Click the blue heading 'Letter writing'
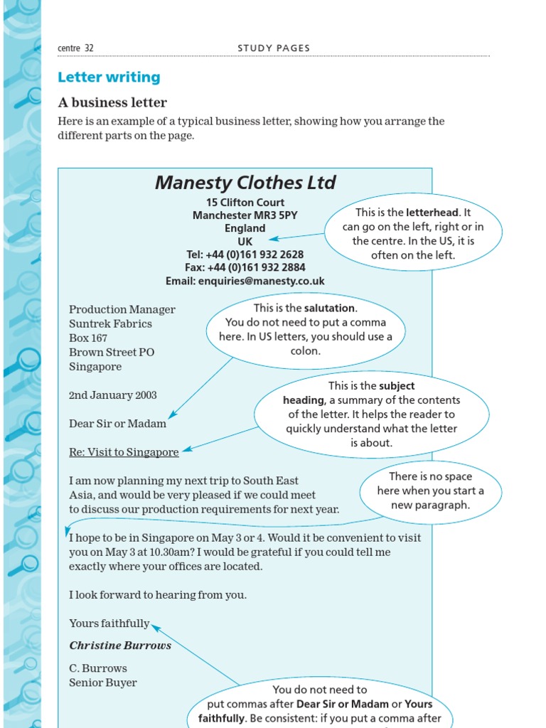pyautogui.click(x=109, y=77)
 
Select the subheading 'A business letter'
pyautogui.click(x=112, y=102)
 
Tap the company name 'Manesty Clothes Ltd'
pyautogui.click(x=245, y=183)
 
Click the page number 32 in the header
pyautogui.click(x=89, y=48)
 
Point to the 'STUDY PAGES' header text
pyautogui.click(x=274, y=48)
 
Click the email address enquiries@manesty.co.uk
pyautogui.click(x=245, y=281)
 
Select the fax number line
pyautogui.click(x=245, y=268)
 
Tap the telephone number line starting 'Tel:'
pyautogui.click(x=245, y=255)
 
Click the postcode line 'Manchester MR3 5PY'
pyautogui.click(x=245, y=215)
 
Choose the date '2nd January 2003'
pyautogui.click(x=113, y=395)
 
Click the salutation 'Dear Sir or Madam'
pyautogui.click(x=117, y=424)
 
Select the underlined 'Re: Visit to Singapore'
pyautogui.click(x=124, y=452)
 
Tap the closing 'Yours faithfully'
pyautogui.click(x=109, y=623)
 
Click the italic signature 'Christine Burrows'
pyautogui.click(x=120, y=646)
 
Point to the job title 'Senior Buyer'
pyautogui.click(x=103, y=682)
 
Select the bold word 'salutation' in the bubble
pyautogui.click(x=329, y=309)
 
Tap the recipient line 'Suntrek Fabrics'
pyautogui.click(x=110, y=324)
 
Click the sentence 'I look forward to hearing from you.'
pyautogui.click(x=158, y=595)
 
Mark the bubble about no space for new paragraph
pyautogui.click(x=431, y=491)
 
